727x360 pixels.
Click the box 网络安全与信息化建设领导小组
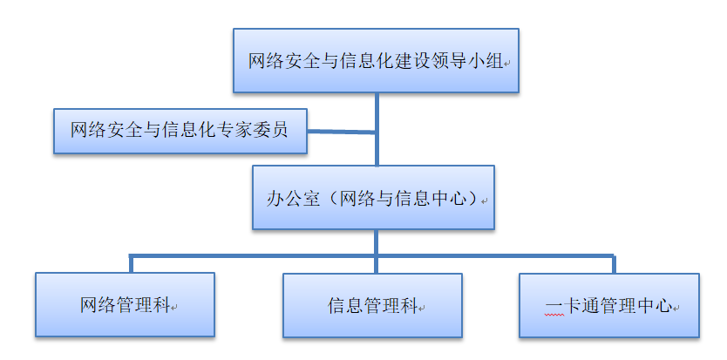pyautogui.click(x=376, y=60)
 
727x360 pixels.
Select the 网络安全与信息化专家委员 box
pyautogui.click(x=180, y=131)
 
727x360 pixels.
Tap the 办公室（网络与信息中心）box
pyautogui.click(x=373, y=198)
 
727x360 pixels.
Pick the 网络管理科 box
pyautogui.click(x=125, y=305)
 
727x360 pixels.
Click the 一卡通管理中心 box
pyautogui.click(x=608, y=306)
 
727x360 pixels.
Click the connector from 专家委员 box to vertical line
pyautogui.click(x=342, y=132)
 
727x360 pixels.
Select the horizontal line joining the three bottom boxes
pyautogui.click(x=262, y=256)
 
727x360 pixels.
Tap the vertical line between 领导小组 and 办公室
pyautogui.click(x=377, y=113)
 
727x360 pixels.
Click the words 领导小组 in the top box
pyautogui.click(x=470, y=62)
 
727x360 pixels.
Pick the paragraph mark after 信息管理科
pyautogui.click(x=422, y=308)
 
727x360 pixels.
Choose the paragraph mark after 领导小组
pyautogui.click(x=507, y=64)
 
